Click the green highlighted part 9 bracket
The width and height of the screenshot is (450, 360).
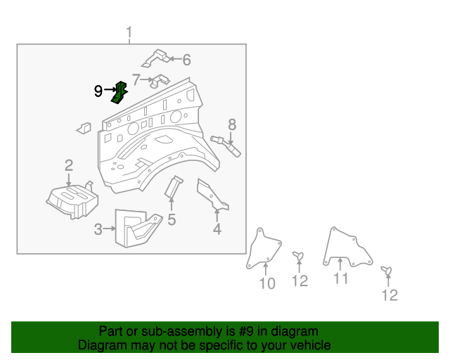coord(120,92)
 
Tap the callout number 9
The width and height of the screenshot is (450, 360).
coord(99,91)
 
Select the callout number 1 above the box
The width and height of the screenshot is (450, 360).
coord(129,32)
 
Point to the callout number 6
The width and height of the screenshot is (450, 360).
coord(186,60)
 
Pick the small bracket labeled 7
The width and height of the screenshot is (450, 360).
coord(160,80)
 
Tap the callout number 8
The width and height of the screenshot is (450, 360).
coord(231,124)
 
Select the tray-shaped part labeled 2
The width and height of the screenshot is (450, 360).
coord(71,198)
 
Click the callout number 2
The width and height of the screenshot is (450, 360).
coord(69,165)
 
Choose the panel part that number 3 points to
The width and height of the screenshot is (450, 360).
coord(138,226)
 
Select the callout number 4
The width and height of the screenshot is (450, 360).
coord(217,229)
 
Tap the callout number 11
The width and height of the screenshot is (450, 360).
coord(341,279)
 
